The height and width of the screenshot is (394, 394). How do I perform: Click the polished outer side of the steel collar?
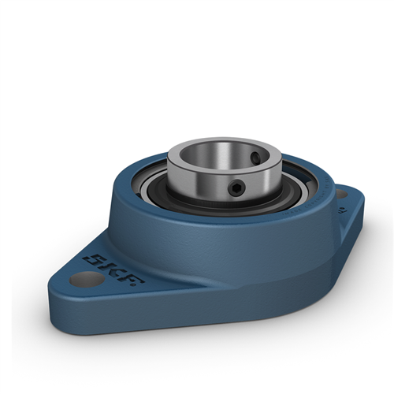(201, 185)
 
